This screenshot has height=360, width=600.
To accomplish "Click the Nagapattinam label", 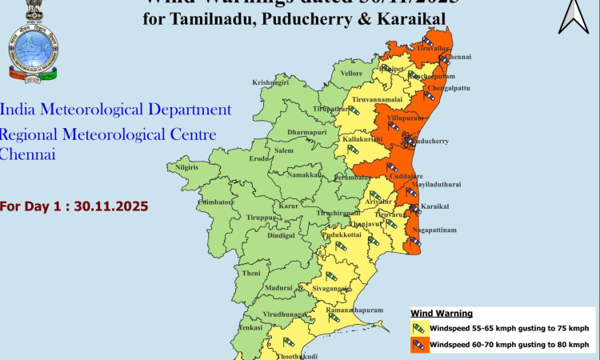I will point(435,230).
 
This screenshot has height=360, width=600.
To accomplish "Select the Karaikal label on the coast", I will point(434,206).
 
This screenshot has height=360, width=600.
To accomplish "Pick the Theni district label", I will point(251,273).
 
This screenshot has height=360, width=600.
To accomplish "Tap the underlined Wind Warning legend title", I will point(442,313).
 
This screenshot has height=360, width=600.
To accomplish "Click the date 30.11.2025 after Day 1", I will point(111,206).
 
